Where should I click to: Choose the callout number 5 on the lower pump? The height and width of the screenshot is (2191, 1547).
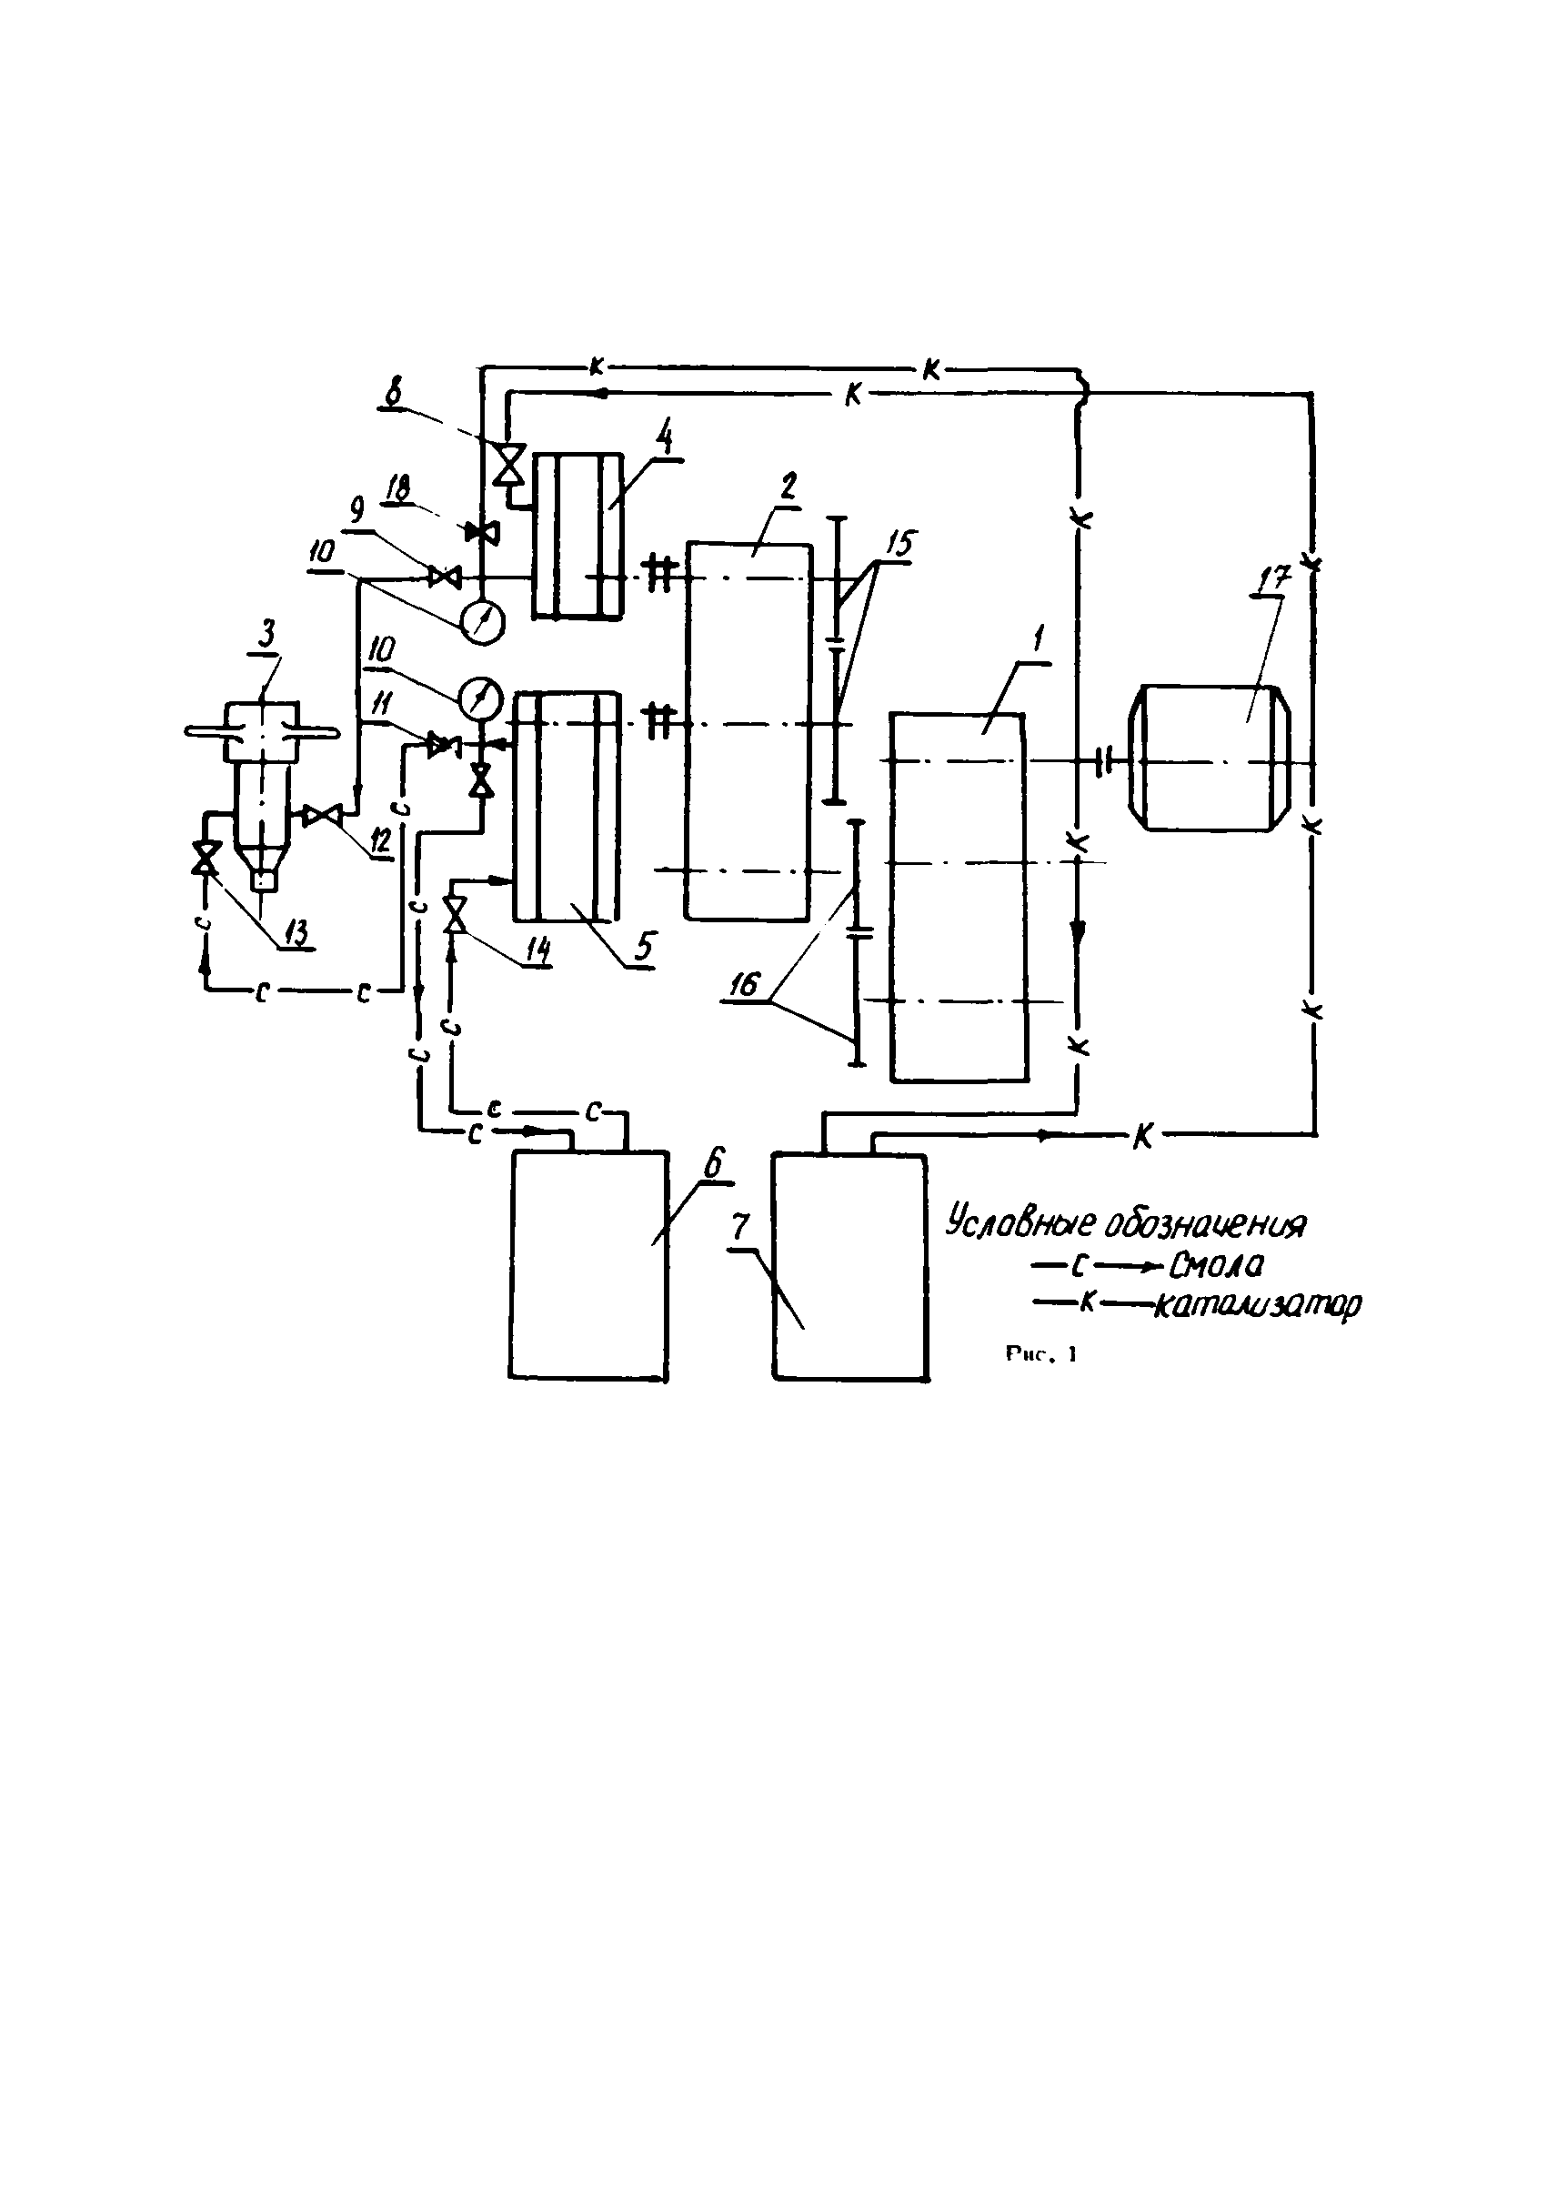pos(645,946)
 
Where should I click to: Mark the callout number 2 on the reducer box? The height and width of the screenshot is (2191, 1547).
pos(788,487)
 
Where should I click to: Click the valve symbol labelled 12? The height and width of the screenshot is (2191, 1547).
pos(322,815)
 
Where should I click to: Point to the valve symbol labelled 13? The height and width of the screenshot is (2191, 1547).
pos(204,857)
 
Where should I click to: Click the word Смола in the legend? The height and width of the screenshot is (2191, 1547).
pos(1214,1266)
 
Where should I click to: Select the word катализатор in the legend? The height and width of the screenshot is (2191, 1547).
pos(1257,1303)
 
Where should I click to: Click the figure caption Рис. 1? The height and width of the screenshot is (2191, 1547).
pos(1040,1353)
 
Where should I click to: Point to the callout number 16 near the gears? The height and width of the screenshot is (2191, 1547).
pos(743,985)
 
